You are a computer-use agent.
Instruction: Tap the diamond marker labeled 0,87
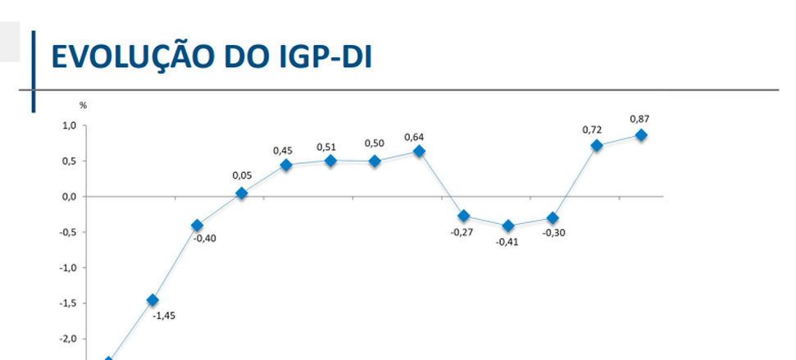pos(640,134)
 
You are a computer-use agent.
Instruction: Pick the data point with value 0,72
pos(596,145)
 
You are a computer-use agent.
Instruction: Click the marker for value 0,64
pos(419,151)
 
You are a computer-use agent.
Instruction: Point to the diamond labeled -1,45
pos(152,300)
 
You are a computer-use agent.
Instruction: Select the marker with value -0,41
pos(507,226)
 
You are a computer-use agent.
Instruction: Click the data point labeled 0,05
pos(241,194)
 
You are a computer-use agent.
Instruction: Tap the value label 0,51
pos(326,147)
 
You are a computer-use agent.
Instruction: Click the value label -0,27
pos(462,232)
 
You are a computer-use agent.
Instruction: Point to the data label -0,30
pos(553,233)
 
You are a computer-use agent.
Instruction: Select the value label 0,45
pos(283,150)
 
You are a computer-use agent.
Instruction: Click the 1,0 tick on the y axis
pos(68,125)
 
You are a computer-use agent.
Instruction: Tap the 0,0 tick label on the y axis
pos(68,197)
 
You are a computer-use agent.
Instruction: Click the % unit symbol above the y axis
pos(82,105)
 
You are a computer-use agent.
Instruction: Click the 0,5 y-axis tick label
pos(68,162)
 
